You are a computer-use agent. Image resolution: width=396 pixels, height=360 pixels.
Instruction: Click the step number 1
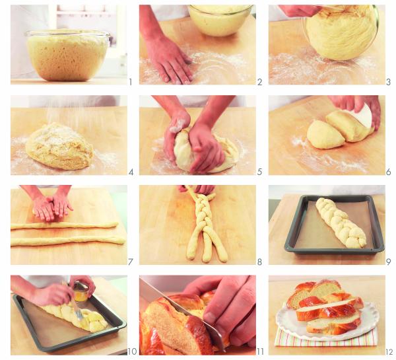click(131, 83)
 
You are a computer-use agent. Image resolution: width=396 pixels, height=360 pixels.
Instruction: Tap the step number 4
click(131, 172)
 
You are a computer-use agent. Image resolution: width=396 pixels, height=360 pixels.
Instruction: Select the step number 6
click(388, 172)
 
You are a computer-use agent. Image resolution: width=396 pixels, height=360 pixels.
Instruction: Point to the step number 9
click(388, 262)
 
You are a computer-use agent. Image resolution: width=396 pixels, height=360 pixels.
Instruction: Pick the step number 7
click(131, 262)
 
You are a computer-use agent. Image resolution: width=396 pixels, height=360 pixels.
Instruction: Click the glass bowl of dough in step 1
click(68, 56)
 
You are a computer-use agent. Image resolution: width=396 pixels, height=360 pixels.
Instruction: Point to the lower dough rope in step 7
click(66, 240)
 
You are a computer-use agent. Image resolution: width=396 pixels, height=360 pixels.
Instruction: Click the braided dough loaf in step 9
click(340, 223)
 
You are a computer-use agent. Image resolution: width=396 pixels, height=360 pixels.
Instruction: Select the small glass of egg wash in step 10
click(82, 291)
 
